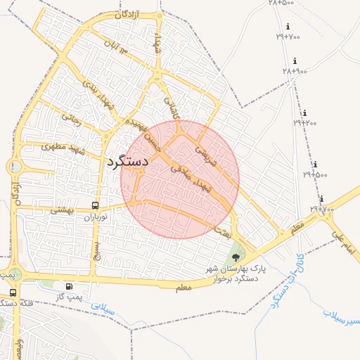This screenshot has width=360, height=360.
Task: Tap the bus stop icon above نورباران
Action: pyautogui.click(x=95, y=206)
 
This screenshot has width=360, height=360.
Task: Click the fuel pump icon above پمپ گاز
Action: pyautogui.click(x=69, y=286)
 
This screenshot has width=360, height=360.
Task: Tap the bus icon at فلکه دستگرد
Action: pyautogui.click(x=13, y=292)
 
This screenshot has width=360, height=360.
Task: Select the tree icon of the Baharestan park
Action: pyautogui.click(x=235, y=258)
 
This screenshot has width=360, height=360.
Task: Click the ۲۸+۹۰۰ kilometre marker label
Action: pyautogui.click(x=295, y=71)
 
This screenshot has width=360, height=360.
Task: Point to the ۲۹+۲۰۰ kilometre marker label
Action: pyautogui.click(x=305, y=122)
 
